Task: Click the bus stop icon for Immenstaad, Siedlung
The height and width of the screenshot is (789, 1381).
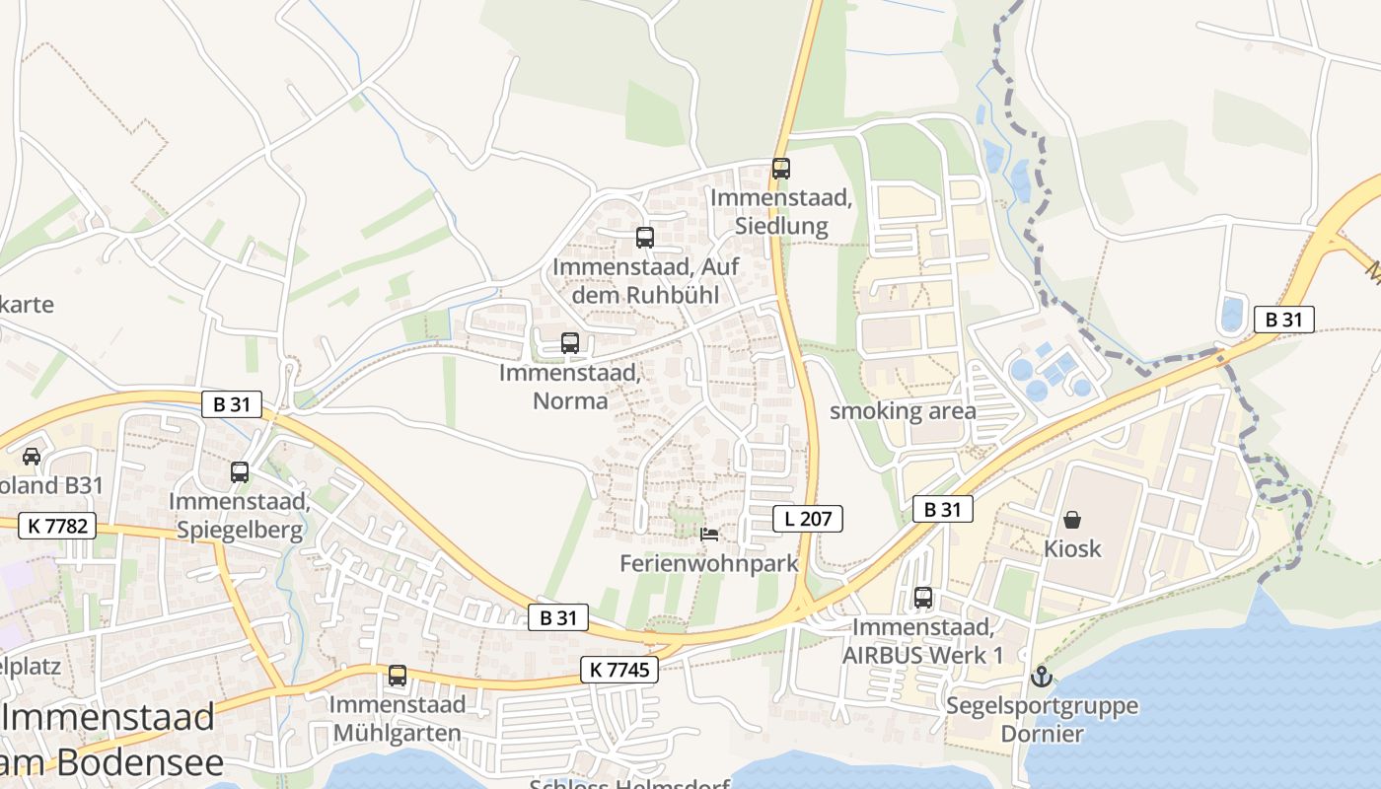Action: click(781, 169)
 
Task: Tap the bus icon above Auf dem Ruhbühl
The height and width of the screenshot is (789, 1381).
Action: click(645, 238)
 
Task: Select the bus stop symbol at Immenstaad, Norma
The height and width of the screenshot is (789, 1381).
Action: click(570, 343)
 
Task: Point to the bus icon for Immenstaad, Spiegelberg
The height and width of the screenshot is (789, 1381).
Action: click(240, 472)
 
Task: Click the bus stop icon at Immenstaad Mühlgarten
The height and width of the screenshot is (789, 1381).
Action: click(398, 676)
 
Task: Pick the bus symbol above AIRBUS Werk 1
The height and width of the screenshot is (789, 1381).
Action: click(923, 597)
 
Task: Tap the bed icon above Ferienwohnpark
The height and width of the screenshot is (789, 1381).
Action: click(708, 535)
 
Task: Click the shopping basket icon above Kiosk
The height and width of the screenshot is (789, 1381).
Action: click(1072, 519)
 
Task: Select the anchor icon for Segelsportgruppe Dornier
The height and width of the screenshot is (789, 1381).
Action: click(1042, 677)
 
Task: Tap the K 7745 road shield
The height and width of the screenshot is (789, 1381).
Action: click(619, 670)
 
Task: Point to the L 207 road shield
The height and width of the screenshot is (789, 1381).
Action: click(808, 518)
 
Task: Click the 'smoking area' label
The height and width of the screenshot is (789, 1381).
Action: click(903, 411)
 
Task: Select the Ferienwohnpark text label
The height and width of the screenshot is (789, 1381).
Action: click(708, 563)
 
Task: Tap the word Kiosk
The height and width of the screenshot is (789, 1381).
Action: click(1072, 548)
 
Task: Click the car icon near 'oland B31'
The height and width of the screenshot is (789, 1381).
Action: click(32, 456)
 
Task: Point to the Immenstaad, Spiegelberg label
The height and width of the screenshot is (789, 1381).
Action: click(240, 515)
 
